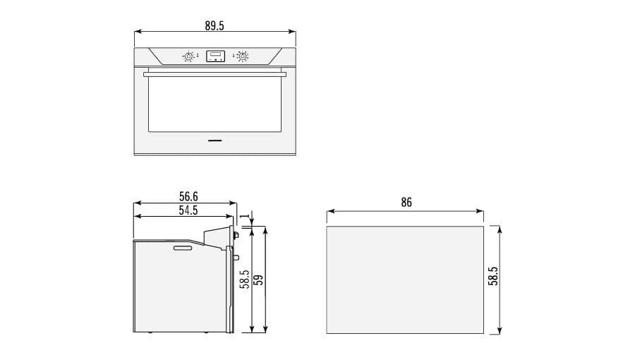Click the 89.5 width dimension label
tap(214, 25)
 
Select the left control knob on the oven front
tap(188, 56)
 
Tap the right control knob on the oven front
tap(242, 56)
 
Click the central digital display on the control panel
tap(215, 56)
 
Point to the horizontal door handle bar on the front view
tap(214, 73)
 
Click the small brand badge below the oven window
tap(215, 140)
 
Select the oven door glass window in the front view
tap(214, 104)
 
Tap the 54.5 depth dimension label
tap(188, 210)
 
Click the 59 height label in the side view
tap(258, 280)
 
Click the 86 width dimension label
tap(406, 203)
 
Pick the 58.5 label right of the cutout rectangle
tap(493, 276)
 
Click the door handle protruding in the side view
tap(236, 258)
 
